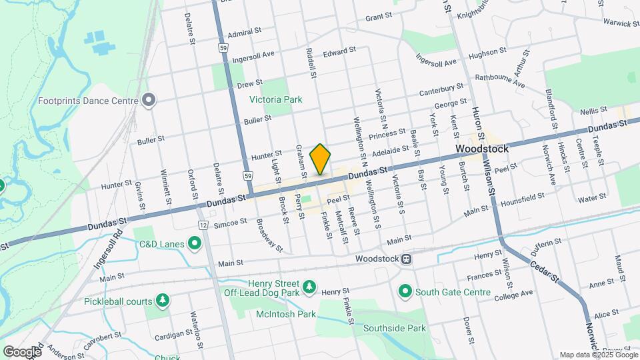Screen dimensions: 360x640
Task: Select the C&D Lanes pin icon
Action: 195,243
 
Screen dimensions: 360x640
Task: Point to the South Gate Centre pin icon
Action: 405,291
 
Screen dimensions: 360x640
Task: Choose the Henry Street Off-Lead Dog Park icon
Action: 309,287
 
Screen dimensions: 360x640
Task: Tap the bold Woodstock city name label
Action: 482,149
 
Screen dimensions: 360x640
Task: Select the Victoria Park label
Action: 275,99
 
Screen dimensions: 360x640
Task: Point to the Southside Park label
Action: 394,328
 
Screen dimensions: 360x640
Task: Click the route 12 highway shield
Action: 201,226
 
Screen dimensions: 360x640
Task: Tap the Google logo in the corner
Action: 23,351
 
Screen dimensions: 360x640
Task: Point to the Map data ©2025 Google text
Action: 597,355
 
